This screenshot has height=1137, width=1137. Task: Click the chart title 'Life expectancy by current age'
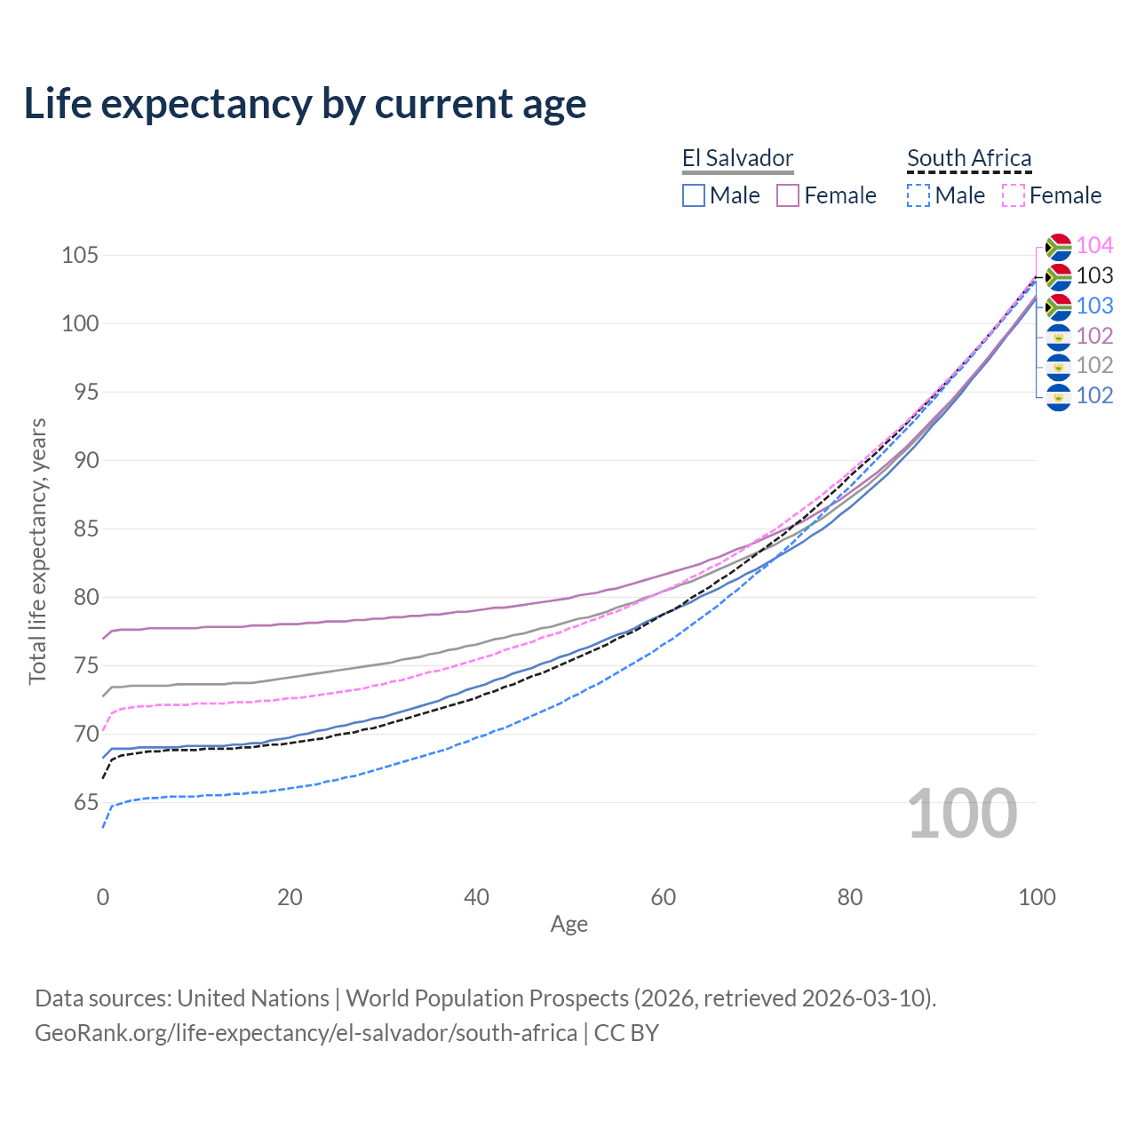(x=305, y=103)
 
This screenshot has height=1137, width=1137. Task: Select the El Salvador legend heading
(x=737, y=158)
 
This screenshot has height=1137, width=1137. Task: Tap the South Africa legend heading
(x=969, y=158)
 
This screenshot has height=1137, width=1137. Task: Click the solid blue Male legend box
(x=694, y=195)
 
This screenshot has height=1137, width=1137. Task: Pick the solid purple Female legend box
(x=788, y=195)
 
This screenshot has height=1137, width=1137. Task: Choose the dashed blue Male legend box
(x=918, y=195)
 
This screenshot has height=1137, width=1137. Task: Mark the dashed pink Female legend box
(x=1014, y=195)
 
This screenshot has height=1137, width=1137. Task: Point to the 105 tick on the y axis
(x=79, y=256)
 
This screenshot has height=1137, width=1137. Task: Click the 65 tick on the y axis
(x=86, y=803)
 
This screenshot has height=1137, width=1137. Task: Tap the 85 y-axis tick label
(x=86, y=529)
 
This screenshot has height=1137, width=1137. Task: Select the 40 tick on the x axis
(x=476, y=897)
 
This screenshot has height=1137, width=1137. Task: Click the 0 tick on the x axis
(x=103, y=897)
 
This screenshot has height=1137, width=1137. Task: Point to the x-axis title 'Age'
(x=568, y=925)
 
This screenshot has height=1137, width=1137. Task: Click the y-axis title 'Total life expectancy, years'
(x=37, y=551)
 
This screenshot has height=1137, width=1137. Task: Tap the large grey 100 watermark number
(x=962, y=814)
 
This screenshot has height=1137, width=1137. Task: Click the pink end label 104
(x=1094, y=245)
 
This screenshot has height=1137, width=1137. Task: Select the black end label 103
(x=1094, y=275)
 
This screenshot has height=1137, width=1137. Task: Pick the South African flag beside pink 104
(x=1059, y=246)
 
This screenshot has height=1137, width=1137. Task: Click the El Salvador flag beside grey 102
(x=1059, y=366)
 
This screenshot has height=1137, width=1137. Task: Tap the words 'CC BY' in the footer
(x=626, y=1033)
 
